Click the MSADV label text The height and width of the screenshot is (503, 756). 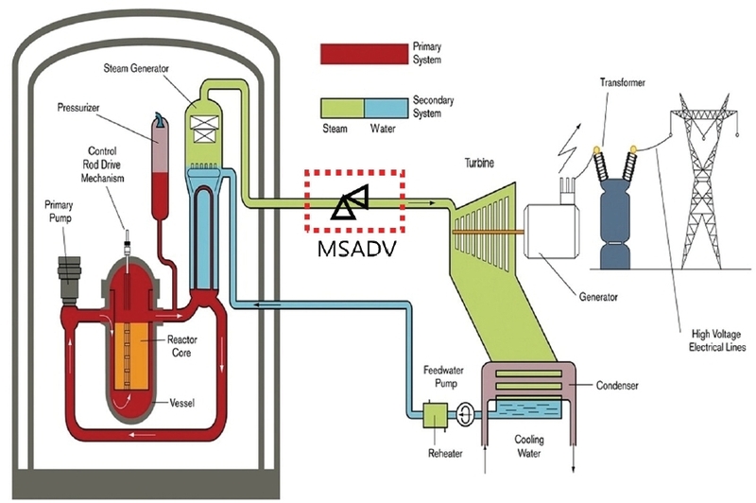tap(357, 248)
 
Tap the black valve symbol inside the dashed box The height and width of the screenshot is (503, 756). tap(351, 202)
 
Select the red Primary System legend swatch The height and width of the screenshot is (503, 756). tap(364, 54)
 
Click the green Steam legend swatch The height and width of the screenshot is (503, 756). tap(342, 108)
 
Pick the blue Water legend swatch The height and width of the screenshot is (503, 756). tap(386, 108)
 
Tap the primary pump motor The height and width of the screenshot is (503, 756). tap(69, 277)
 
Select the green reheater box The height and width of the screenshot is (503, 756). tap(435, 415)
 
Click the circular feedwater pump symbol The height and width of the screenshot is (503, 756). tap(464, 413)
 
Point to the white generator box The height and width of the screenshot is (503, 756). tap(552, 230)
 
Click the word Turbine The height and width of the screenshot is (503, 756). tap(479, 163)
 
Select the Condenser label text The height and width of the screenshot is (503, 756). tap(617, 385)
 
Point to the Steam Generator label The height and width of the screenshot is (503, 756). tap(136, 68)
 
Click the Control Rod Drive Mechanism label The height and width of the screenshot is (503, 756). tap(102, 165)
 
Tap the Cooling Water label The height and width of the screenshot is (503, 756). tap(529, 446)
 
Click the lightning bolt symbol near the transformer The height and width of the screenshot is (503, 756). tap(569, 148)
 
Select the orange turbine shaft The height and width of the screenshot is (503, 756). tap(489, 232)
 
